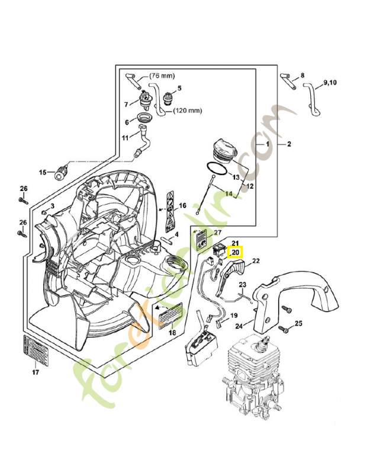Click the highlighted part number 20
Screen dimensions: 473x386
(235, 252)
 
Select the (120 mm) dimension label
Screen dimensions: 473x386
(188, 111)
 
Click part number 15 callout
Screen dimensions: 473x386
(43, 173)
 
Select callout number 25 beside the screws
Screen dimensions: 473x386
(298, 323)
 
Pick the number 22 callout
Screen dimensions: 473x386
(256, 261)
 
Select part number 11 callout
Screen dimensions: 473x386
(125, 138)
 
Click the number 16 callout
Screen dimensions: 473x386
(182, 206)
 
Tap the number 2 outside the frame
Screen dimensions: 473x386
(289, 144)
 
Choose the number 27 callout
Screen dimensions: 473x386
(217, 232)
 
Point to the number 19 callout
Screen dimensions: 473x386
(233, 316)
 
